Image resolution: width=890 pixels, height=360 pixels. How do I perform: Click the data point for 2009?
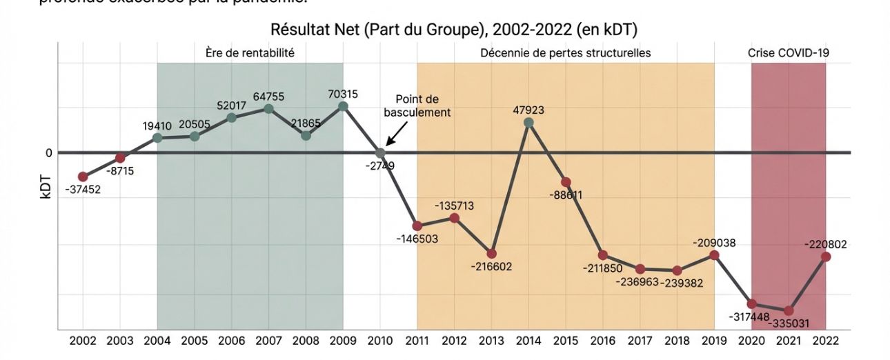[x=343, y=106]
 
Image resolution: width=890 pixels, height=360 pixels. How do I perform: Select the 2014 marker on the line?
[x=528, y=122]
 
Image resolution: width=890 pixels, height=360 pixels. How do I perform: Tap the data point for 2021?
[x=789, y=311]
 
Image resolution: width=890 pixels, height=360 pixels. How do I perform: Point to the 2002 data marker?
[x=83, y=177]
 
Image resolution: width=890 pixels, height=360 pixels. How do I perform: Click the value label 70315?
[x=343, y=94]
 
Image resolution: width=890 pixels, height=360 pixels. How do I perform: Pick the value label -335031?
[x=789, y=323]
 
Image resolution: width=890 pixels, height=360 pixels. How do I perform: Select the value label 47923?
[x=528, y=109]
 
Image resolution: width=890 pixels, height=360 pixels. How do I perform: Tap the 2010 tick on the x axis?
[x=380, y=341]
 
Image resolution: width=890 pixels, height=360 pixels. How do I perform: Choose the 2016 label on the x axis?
[x=603, y=341]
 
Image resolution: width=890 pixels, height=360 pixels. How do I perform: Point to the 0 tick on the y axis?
[x=49, y=152]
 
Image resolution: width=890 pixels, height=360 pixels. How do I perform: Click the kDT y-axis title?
[x=46, y=187]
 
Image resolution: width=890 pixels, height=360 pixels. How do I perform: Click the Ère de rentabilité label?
[x=250, y=52]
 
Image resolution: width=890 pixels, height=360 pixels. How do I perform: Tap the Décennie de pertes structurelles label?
[x=566, y=52]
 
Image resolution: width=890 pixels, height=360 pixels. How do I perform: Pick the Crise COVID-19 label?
[x=789, y=52]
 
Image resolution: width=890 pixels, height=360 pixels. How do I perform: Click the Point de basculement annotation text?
[x=417, y=106]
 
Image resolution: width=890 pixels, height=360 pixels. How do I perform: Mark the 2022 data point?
[x=826, y=257]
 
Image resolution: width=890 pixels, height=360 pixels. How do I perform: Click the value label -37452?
[x=83, y=190]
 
